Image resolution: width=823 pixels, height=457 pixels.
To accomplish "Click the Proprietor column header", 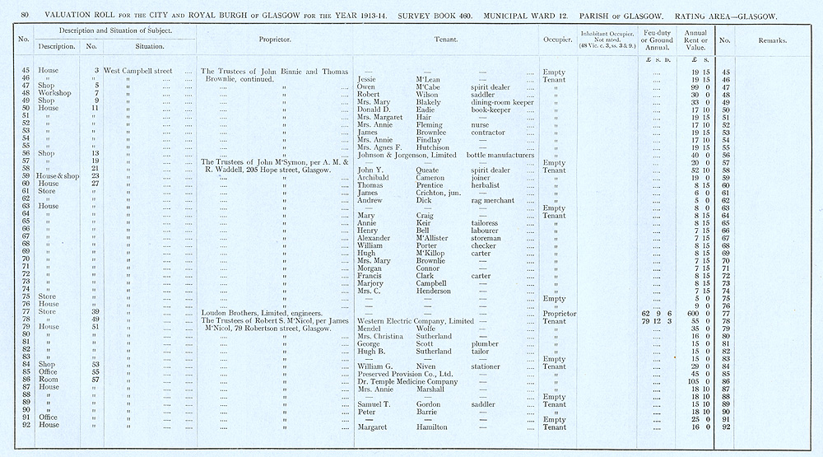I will (x=272, y=39).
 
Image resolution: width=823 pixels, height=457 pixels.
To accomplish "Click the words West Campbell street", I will (x=137, y=71).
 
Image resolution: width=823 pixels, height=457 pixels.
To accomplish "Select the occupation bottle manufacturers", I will (x=502, y=154).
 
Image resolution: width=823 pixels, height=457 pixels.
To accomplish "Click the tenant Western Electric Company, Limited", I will (x=416, y=320).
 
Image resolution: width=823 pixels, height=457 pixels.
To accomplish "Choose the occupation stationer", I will (x=487, y=366).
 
